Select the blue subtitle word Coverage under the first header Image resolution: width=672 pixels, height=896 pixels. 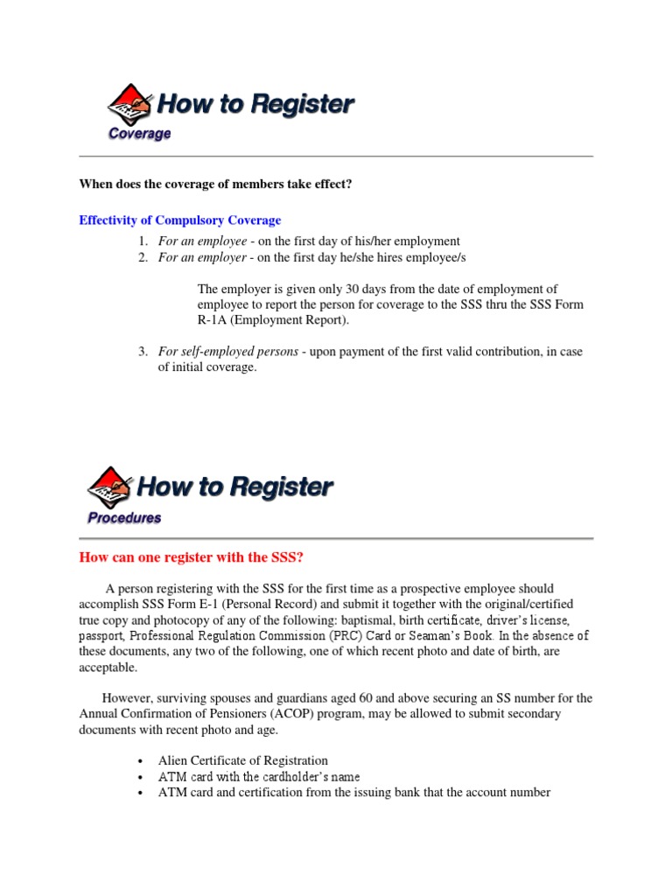(x=139, y=134)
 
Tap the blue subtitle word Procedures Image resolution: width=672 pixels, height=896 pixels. (x=124, y=517)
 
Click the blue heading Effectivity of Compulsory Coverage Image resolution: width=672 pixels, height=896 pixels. (x=179, y=220)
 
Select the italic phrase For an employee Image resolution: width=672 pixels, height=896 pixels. (x=202, y=241)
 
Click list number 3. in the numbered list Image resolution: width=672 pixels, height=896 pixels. (x=143, y=352)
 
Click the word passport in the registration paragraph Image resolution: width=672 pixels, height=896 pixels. (x=101, y=636)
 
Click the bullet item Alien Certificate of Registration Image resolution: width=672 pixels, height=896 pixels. (x=243, y=760)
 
